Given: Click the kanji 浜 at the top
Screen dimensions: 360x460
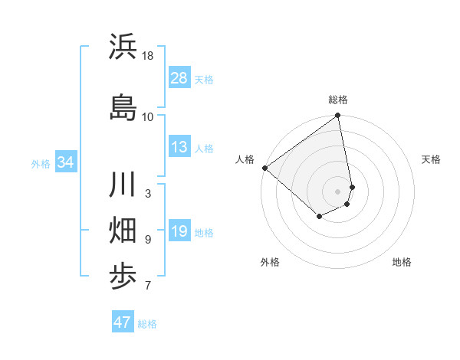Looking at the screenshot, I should click(123, 47).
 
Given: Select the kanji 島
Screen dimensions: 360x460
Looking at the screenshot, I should click(123, 106).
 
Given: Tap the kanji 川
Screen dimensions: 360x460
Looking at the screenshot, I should click(123, 186).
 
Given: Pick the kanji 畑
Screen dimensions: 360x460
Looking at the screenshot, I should click(123, 231).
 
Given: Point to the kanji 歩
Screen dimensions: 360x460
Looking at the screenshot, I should click(123, 277).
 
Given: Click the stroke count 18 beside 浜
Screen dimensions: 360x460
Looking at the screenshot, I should click(148, 56).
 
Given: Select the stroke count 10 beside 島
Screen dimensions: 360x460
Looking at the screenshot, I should click(148, 116).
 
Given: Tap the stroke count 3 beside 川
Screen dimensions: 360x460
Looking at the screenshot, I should click(148, 194).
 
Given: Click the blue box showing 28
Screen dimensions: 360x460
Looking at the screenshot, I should click(179, 78).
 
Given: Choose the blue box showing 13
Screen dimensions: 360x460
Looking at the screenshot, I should click(179, 147).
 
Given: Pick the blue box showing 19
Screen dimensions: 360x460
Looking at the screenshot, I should click(179, 231).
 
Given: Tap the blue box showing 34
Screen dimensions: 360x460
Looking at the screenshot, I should click(65, 162).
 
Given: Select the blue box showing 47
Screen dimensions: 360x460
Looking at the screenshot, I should click(123, 322).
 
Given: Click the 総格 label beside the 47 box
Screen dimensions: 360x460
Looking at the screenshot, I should click(147, 324).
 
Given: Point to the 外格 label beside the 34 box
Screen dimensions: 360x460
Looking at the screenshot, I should click(41, 163).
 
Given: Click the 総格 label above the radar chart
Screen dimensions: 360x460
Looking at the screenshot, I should click(338, 100).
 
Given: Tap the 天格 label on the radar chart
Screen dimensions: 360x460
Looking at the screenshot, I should click(431, 159).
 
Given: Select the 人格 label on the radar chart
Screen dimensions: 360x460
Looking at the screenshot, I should click(245, 159).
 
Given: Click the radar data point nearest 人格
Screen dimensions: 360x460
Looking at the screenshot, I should click(264, 168).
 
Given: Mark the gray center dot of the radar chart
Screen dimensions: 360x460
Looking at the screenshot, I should click(337, 191).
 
